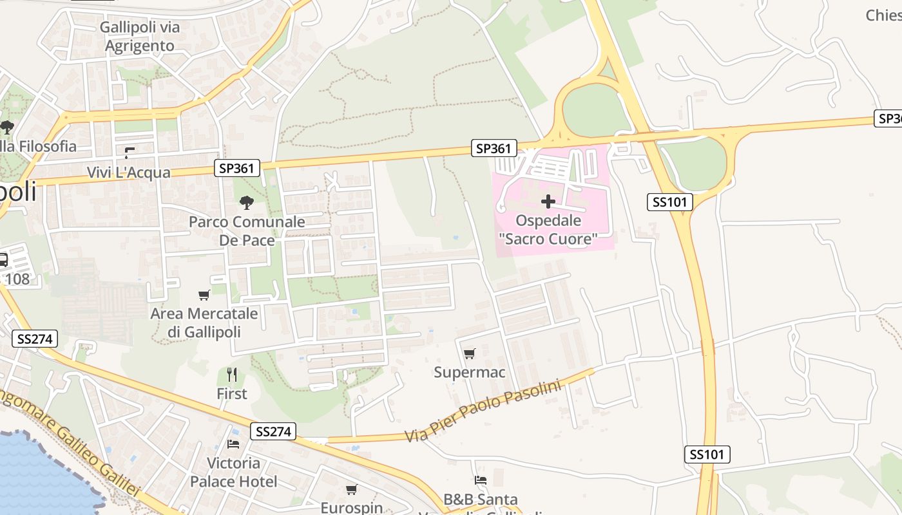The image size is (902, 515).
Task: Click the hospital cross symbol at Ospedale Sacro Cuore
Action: tap(548, 201)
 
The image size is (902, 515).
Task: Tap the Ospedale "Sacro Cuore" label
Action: tap(548, 230)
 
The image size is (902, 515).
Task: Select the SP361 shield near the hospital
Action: tap(494, 149)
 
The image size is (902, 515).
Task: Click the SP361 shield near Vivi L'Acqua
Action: tap(237, 169)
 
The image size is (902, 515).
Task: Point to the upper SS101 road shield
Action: tap(669, 202)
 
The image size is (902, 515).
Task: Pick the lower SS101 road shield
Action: tap(707, 454)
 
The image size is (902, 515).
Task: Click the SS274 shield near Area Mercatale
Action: tap(35, 339)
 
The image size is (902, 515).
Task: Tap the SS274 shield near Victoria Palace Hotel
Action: tap(273, 431)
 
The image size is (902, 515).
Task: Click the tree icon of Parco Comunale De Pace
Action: tap(246, 203)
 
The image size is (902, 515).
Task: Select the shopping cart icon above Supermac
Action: tap(469, 353)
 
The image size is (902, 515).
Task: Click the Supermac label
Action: tap(469, 372)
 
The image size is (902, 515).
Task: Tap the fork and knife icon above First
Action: tap(232, 375)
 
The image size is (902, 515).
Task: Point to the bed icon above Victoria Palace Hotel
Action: tap(233, 444)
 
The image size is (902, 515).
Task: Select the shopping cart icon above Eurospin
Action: tap(351, 490)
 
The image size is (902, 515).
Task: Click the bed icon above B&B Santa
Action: tap(481, 480)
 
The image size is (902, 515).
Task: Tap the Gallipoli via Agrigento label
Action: tap(140, 37)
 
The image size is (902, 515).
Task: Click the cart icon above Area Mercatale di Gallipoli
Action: tap(204, 295)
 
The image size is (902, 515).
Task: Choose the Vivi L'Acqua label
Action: tap(129, 173)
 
